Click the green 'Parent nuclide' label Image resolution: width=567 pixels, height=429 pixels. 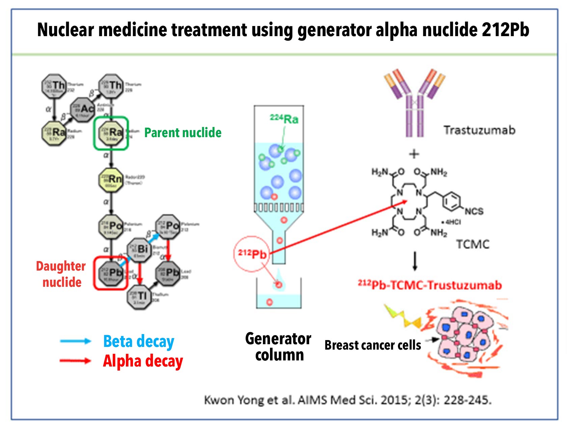[183, 133]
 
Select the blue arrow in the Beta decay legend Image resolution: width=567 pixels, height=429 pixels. [75, 341]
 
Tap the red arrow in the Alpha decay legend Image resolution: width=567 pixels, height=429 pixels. [75, 361]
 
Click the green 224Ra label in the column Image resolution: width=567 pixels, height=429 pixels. [284, 119]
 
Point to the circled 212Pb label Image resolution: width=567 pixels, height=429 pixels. [252, 253]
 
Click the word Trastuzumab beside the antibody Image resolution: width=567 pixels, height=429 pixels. [479, 130]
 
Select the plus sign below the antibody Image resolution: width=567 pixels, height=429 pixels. [414, 154]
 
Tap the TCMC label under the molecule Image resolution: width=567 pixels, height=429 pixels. [473, 244]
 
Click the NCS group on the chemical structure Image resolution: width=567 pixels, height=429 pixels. [474, 211]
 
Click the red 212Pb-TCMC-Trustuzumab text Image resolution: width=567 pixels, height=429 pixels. [430, 285]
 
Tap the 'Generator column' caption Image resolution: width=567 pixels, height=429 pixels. [278, 347]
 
